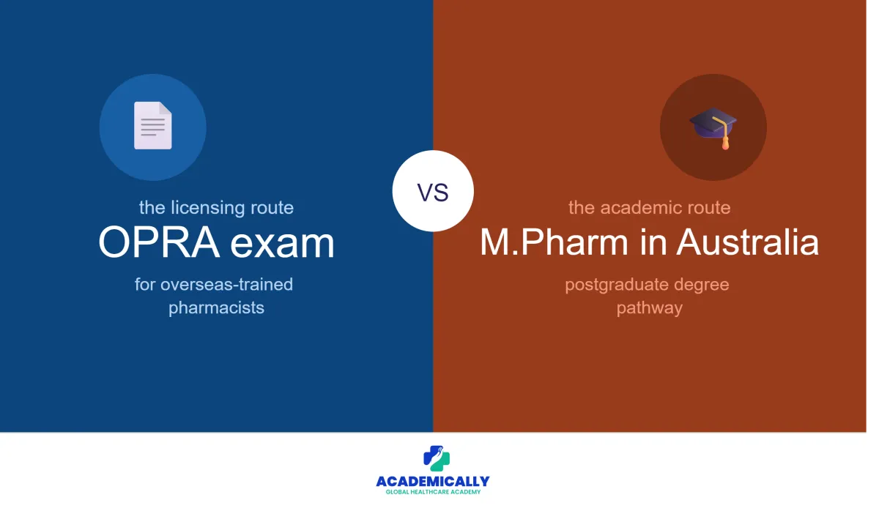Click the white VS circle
pos(433,191)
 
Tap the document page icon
pos(152,125)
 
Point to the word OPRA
pos(159,242)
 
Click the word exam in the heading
pos(282,244)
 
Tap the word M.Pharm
pos(554,242)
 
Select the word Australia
pos(748,242)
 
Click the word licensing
pos(207,208)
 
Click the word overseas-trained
pos(226,284)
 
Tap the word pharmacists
pos(216,308)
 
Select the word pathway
pos(650,308)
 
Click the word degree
pos(702,285)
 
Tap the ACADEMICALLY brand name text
pos(433,481)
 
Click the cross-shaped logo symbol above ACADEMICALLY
pos(437,458)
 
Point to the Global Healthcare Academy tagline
pos(433,492)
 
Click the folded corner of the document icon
pos(166,108)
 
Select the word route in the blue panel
pos(272,208)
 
